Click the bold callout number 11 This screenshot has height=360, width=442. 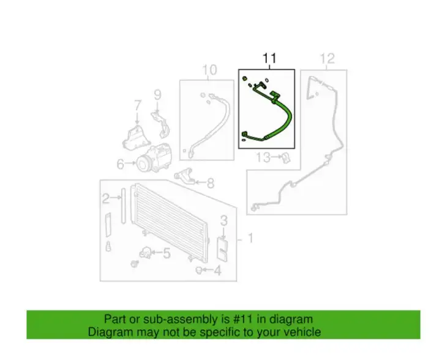[269, 58]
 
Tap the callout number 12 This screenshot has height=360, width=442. [328, 59]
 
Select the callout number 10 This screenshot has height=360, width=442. [209, 70]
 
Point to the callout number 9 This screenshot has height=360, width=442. [157, 95]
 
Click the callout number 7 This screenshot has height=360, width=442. [137, 105]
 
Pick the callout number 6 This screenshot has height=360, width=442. [121, 164]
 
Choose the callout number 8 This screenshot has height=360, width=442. [211, 183]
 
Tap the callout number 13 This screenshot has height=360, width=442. [263, 157]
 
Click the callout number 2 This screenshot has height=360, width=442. [105, 198]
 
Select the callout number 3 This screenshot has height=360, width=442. [223, 221]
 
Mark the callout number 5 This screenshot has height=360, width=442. [167, 253]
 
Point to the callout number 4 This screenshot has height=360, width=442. [217, 271]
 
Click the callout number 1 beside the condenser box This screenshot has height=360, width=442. [250, 239]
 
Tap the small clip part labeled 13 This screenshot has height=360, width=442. [286, 157]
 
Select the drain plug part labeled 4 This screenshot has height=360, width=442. [199, 270]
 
